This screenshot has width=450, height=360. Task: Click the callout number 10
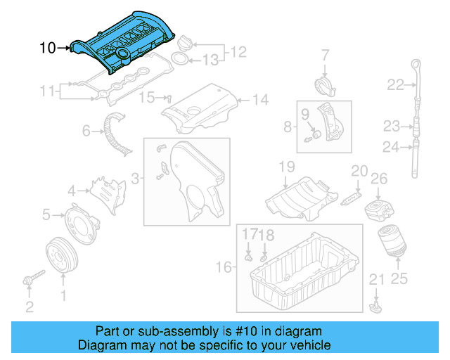coord(47,48)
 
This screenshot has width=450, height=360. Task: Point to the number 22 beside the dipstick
coord(395,85)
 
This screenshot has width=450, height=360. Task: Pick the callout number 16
coord(224,267)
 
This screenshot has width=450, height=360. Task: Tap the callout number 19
coord(285,167)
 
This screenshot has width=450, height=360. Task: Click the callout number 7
coord(326,54)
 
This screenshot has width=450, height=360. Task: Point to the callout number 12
coord(238,51)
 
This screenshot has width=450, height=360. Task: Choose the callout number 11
coord(47,90)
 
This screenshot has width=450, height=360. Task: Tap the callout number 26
coord(379,179)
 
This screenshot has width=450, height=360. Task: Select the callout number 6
coord(86,130)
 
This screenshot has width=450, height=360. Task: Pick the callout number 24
coord(391,147)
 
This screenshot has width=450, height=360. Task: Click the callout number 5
coord(46,214)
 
